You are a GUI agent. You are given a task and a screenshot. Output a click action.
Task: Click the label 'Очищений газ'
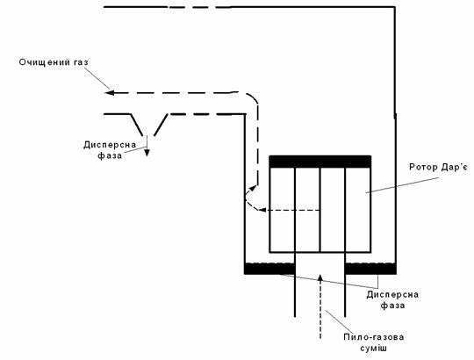54,62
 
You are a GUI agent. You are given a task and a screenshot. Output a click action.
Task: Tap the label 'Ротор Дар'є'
438,167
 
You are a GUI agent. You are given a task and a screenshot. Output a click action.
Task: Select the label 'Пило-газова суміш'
374,342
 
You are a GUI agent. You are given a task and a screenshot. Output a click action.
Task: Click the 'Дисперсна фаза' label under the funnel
110,150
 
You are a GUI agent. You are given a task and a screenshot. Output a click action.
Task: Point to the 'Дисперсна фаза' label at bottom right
392,299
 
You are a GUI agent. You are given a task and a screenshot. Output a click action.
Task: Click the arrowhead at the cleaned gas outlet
109,92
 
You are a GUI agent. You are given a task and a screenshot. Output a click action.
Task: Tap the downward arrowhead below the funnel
147,152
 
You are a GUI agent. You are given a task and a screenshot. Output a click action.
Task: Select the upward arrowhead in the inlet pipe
320,277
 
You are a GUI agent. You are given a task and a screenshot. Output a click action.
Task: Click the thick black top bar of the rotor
320,162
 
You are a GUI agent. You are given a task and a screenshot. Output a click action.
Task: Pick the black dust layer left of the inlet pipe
269,269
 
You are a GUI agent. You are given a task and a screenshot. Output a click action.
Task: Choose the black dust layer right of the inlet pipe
370,269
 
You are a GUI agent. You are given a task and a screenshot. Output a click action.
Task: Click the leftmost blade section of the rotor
282,210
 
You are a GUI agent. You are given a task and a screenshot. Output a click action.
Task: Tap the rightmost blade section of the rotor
357,210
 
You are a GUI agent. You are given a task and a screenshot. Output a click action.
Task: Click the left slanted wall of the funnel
136,125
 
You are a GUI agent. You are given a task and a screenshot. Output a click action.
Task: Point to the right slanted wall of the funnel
161,125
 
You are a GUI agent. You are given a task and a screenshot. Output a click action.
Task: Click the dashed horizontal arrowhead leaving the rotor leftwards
262,210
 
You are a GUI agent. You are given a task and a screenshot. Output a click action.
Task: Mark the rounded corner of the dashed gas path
254,97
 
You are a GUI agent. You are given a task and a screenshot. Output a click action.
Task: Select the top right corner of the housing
395,7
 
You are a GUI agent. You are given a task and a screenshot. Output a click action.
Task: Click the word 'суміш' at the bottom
374,349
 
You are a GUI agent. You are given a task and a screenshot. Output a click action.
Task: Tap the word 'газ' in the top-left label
81,62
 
